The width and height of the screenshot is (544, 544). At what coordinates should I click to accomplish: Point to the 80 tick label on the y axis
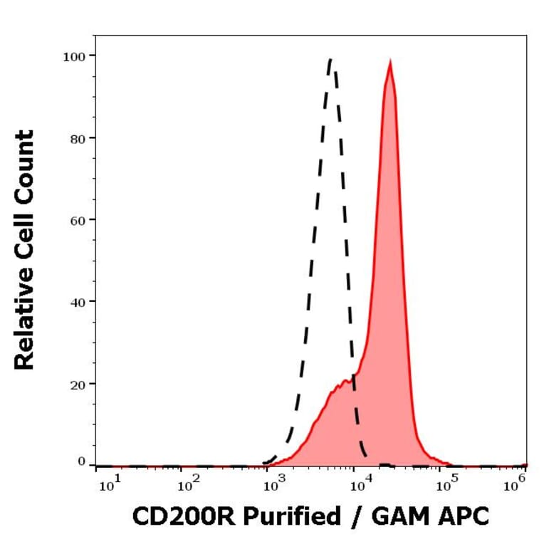77,137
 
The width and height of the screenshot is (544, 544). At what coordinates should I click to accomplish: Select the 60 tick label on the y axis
77,219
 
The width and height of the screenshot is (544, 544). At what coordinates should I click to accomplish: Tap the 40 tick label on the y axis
77,302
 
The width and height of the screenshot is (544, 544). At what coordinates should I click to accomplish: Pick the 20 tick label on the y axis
77,384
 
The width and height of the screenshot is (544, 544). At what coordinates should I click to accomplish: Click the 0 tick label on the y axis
80,463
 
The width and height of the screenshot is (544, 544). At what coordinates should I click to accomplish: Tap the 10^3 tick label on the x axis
273,486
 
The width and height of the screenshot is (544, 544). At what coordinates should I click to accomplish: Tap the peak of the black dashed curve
330,60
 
